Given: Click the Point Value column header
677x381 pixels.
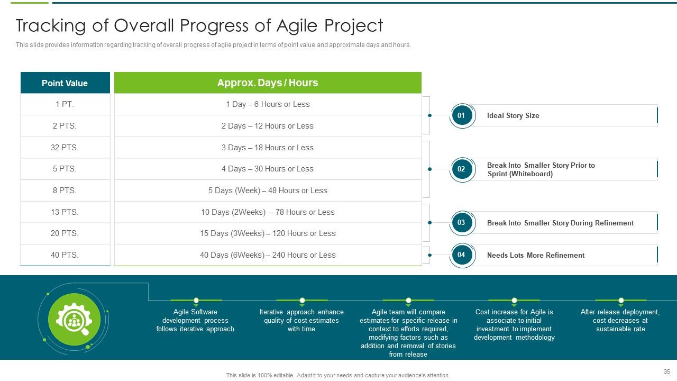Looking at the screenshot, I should click(65, 83).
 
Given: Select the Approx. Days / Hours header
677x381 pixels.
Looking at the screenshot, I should click(268, 83).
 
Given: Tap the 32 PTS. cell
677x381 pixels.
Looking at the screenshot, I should click(65, 148).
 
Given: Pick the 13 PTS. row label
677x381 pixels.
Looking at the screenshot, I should click(65, 212).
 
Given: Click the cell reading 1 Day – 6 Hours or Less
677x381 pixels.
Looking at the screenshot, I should click(268, 104).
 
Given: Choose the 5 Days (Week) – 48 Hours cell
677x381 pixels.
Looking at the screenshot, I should click(268, 190).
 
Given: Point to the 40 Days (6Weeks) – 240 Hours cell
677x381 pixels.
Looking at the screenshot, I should click(268, 255).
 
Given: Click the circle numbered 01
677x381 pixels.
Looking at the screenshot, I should click(461, 115).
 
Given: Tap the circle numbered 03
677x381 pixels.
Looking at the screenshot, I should click(461, 223).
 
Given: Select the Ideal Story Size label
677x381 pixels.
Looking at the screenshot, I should click(513, 115).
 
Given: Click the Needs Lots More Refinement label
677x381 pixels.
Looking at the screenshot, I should click(535, 255).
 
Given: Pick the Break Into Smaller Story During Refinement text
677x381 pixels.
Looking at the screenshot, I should click(560, 223).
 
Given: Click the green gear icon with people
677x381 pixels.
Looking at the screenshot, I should click(74, 319).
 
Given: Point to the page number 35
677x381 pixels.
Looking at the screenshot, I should click(666, 371).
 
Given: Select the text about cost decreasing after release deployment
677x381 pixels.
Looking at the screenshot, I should click(620, 320).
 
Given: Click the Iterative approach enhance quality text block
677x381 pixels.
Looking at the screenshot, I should click(301, 320).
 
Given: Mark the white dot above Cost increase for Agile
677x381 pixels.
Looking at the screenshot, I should click(514, 301).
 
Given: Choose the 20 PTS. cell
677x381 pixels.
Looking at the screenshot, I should click(65, 233).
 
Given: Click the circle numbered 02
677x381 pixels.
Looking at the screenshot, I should click(461, 169).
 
